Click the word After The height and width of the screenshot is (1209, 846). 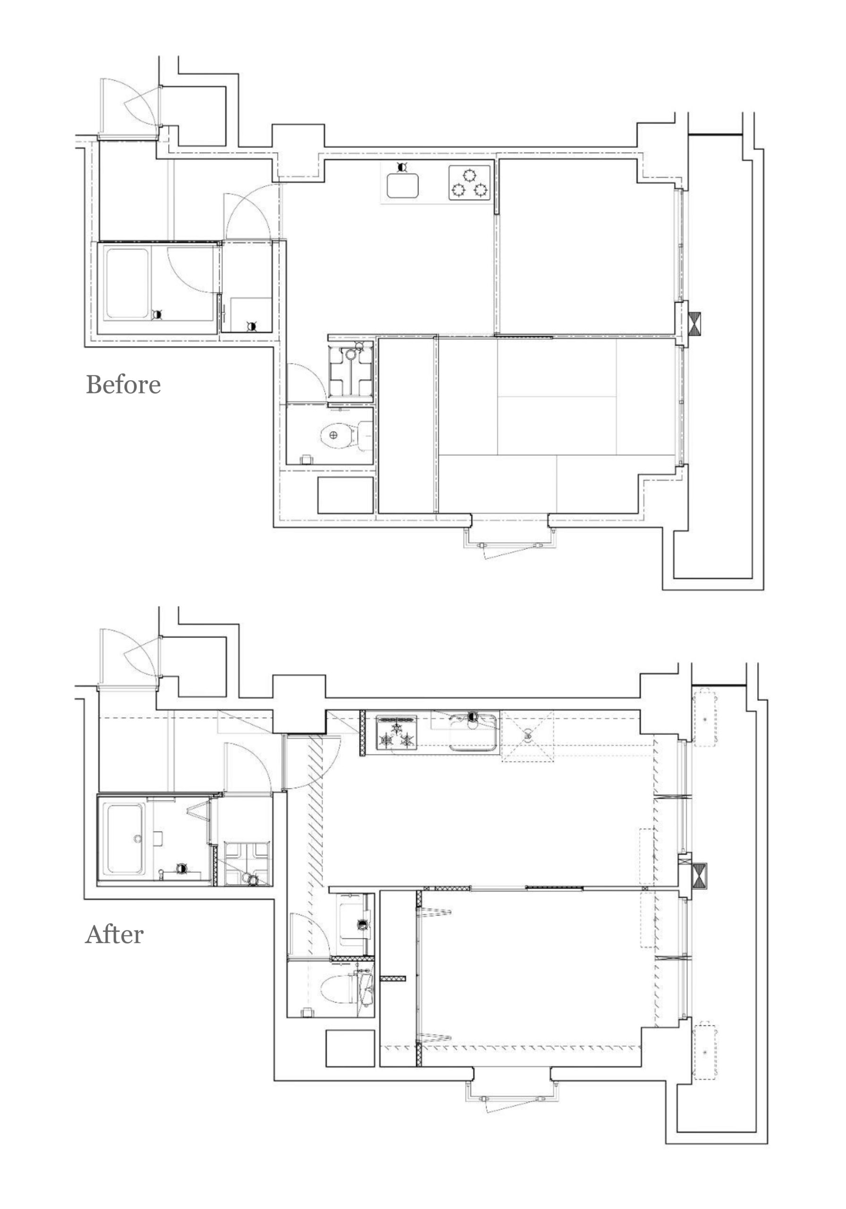pyautogui.click(x=114, y=934)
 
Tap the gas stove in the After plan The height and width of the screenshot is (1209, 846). pyautogui.click(x=397, y=732)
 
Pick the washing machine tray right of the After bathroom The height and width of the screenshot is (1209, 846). pyautogui.click(x=247, y=863)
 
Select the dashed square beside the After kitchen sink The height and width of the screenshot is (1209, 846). pyautogui.click(x=527, y=736)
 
